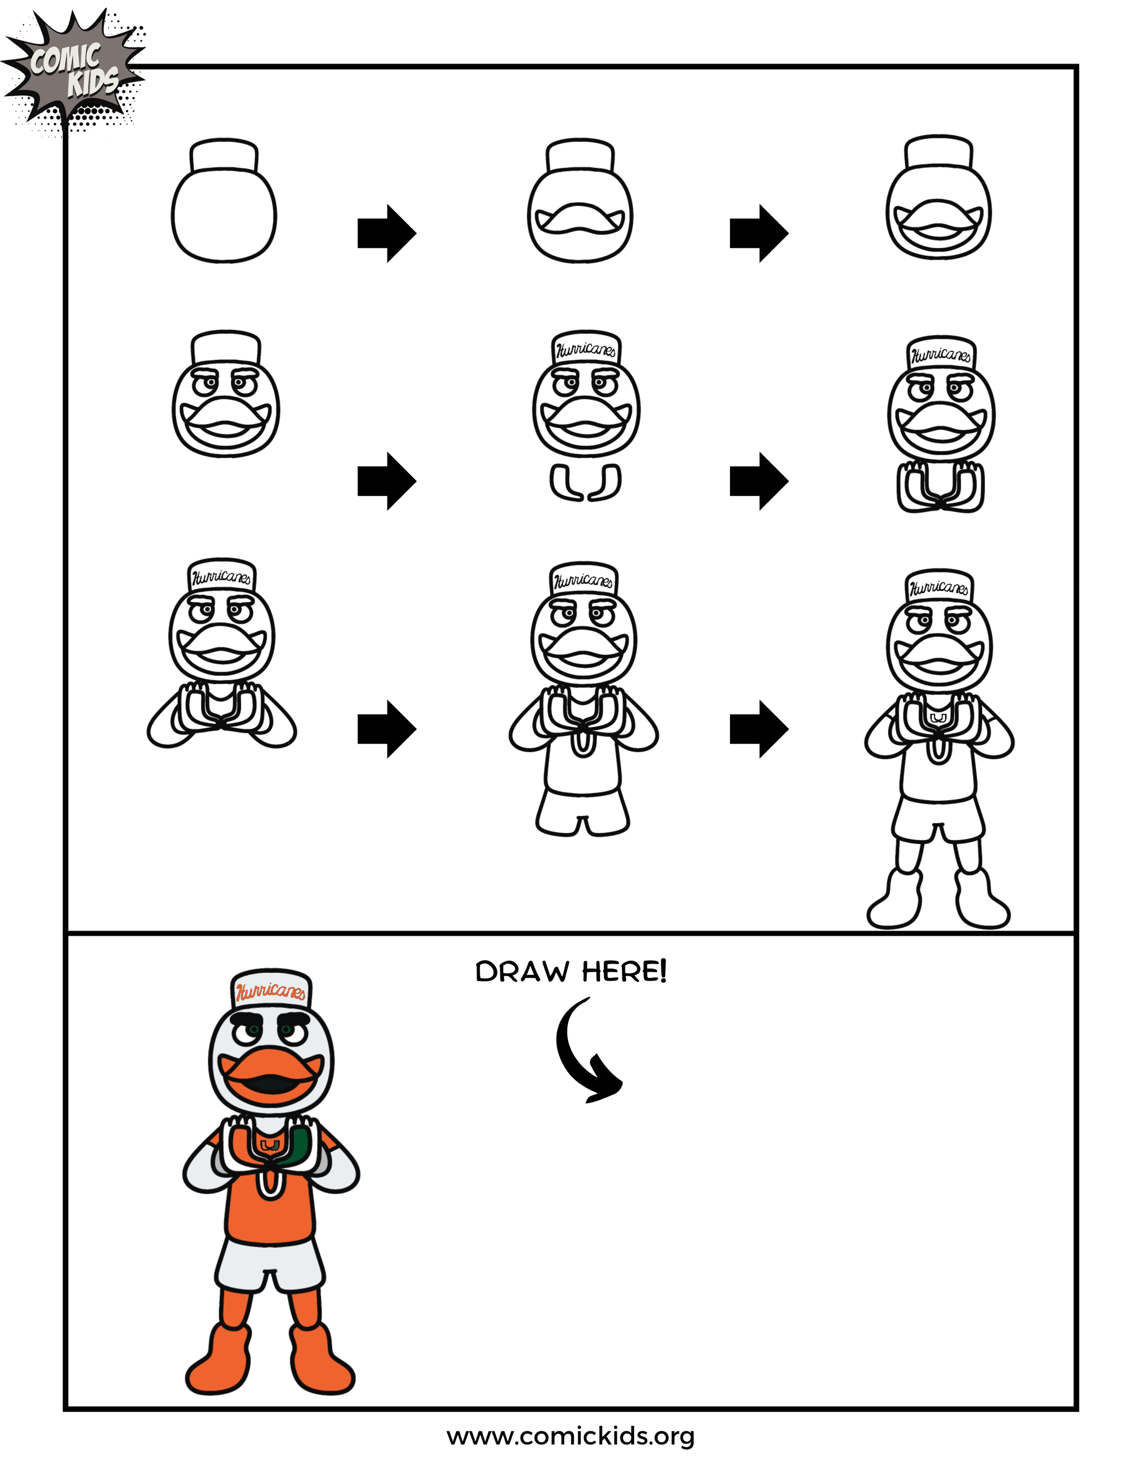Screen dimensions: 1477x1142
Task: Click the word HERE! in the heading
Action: coord(624,972)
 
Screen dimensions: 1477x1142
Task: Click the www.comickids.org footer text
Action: coord(571,1436)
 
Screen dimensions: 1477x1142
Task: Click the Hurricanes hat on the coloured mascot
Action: coord(270,991)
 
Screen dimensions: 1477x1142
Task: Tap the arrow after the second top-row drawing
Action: coord(758,233)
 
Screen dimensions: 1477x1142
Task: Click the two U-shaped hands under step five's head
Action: coord(585,483)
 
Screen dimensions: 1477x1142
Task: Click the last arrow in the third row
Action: coord(758,729)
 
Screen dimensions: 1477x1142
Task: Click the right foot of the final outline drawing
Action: coord(981,903)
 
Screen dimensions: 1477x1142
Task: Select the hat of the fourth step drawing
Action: coord(226,348)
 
